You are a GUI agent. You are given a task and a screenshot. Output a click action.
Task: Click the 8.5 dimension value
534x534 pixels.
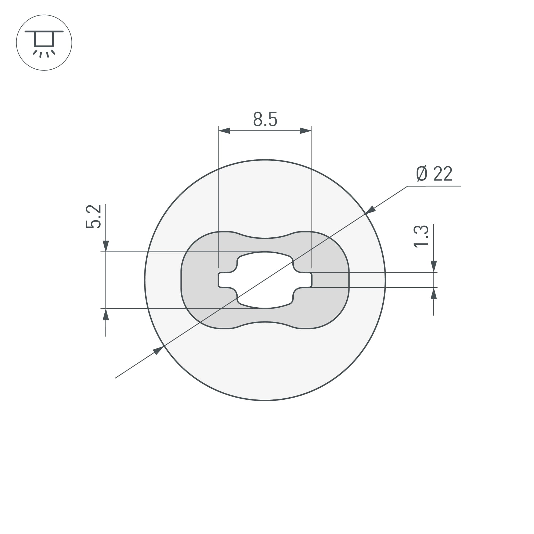(265, 119)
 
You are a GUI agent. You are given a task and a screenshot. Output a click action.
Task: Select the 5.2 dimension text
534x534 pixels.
(93, 217)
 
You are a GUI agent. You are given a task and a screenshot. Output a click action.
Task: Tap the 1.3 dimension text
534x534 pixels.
(421, 236)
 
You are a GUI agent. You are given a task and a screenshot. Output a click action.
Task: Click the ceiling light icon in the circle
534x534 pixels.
(44, 42)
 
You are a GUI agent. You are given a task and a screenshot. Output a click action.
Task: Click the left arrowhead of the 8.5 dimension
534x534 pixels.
(225, 131)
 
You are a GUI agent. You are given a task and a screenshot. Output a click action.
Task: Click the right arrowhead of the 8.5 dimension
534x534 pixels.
(306, 131)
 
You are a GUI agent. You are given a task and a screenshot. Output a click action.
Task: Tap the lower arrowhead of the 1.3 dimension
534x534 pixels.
(434, 293)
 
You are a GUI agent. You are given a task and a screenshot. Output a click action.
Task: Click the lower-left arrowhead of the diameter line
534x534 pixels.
(158, 351)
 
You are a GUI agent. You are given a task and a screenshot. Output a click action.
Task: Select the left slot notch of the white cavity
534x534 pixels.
(223, 280)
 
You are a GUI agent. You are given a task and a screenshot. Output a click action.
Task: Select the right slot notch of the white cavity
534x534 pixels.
(307, 280)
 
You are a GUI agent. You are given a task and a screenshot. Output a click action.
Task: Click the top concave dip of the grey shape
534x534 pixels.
(265, 238)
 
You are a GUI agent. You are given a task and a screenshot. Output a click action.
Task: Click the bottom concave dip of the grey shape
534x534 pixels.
(265, 322)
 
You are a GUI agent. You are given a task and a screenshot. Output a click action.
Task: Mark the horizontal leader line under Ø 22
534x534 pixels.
(434, 186)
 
